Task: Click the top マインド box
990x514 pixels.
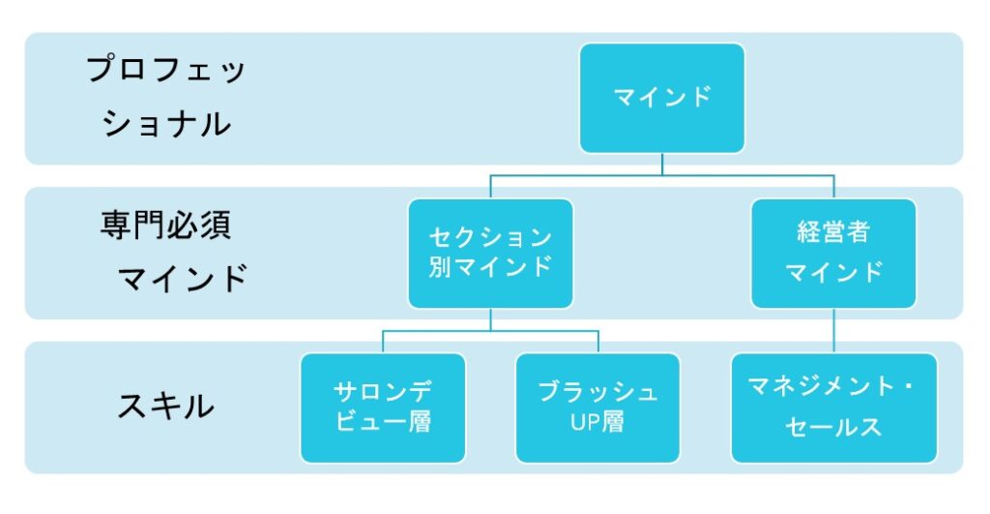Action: [x=661, y=98]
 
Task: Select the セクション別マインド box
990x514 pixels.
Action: [x=490, y=254]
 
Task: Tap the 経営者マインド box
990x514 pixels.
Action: [x=833, y=254]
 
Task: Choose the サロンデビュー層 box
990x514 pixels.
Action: [x=383, y=408]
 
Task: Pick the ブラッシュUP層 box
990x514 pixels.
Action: [x=597, y=408]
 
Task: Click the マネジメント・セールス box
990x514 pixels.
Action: [x=833, y=408]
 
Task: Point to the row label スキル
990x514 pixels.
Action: [x=166, y=406]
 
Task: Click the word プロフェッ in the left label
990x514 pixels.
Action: [x=165, y=69]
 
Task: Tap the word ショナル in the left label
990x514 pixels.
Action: [x=166, y=123]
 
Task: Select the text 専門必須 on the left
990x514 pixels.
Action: [x=165, y=226]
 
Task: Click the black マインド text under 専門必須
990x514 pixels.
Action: [x=183, y=279]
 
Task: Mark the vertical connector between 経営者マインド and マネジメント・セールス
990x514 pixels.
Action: [x=833, y=330]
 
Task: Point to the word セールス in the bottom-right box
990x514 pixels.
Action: [x=833, y=427]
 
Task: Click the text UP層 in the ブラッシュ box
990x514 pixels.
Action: [x=597, y=422]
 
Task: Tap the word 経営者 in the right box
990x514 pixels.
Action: [x=833, y=231]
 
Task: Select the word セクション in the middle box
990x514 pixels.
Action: [x=490, y=238]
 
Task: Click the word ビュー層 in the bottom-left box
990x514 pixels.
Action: [x=383, y=422]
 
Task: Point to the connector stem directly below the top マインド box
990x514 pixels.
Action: [x=661, y=165]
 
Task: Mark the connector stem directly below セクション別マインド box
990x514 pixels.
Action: [x=490, y=319]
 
